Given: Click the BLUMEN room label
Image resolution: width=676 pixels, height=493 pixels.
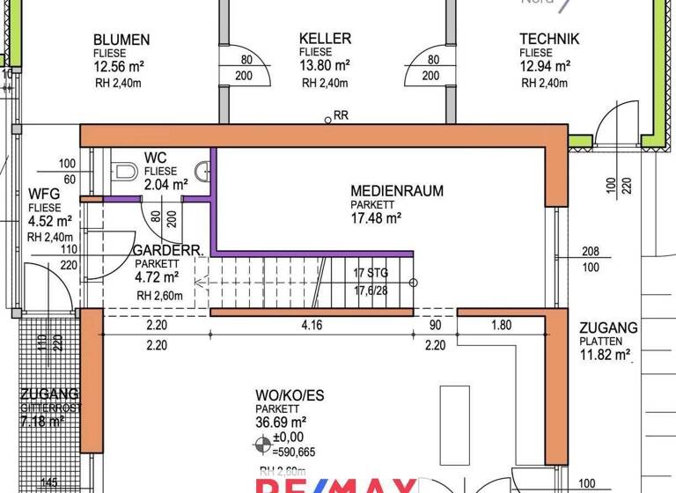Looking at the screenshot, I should tap(121, 40).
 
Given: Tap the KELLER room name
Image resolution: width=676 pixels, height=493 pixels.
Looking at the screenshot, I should tap(325, 39).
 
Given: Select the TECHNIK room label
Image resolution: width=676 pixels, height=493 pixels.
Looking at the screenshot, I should tap(549, 39).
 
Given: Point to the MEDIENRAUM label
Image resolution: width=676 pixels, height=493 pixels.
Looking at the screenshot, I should tap(396, 190).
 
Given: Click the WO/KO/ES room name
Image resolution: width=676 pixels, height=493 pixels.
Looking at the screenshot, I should tap(290, 395).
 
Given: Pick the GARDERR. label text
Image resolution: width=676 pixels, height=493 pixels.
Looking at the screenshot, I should tap(168, 251).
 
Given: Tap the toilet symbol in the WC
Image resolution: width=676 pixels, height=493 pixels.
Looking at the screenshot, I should tap(123, 171).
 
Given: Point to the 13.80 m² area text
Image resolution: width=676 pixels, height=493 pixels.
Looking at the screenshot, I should tap(325, 66).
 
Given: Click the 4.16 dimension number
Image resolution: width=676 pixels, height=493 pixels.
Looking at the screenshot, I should tap(312, 326).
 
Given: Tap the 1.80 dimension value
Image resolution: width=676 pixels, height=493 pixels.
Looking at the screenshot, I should tap(500, 326).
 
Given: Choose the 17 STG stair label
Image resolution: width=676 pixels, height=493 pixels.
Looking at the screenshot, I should tap(371, 273).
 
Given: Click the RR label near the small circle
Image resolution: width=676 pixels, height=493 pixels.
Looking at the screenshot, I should tap(342, 115).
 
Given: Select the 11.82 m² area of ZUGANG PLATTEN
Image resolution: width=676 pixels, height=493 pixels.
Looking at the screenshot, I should tap(606, 356).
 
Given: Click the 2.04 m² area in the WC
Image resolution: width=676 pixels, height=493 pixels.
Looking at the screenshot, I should tap(165, 185).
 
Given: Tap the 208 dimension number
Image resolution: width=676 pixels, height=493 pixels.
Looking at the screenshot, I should tap(590, 253).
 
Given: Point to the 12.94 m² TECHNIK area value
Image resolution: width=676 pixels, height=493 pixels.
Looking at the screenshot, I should tap(545, 66).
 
